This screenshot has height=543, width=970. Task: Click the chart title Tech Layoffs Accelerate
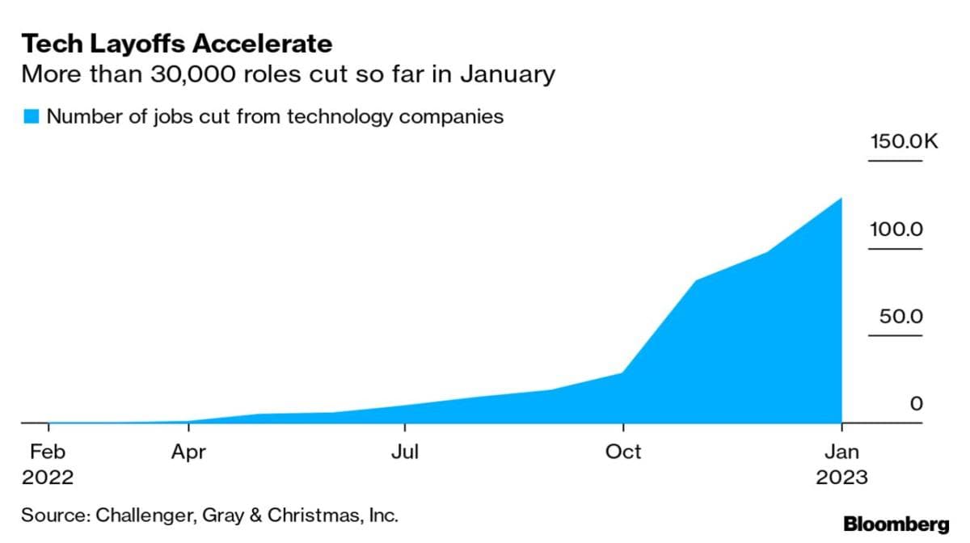tap(176, 44)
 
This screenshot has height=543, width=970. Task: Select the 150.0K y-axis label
tap(903, 142)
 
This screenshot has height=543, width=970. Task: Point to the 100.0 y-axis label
tap(896, 229)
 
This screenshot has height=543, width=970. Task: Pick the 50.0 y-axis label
tap(900, 317)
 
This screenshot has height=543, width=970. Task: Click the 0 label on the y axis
tap(916, 404)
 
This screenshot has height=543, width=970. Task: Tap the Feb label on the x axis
tap(48, 451)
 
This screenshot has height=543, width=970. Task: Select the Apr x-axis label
tap(188, 451)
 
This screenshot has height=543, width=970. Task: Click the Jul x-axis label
tap(404, 451)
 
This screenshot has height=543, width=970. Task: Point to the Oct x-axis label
tap(623, 451)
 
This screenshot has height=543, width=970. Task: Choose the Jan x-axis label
tap(841, 451)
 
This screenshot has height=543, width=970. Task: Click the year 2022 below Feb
tap(48, 477)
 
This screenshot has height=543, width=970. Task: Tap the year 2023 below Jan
tap(841, 477)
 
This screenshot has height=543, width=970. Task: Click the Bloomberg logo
tap(896, 524)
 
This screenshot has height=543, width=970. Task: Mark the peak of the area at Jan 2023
tap(841, 198)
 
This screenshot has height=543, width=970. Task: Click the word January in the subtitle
tap(508, 75)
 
